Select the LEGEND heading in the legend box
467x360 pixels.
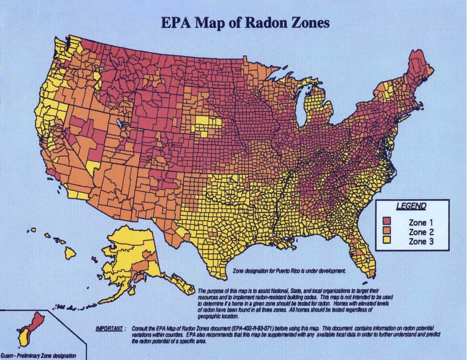(411, 206)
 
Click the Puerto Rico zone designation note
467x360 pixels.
(289, 271)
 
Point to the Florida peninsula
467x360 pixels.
(363, 252)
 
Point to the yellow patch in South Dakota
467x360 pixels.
(203, 123)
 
